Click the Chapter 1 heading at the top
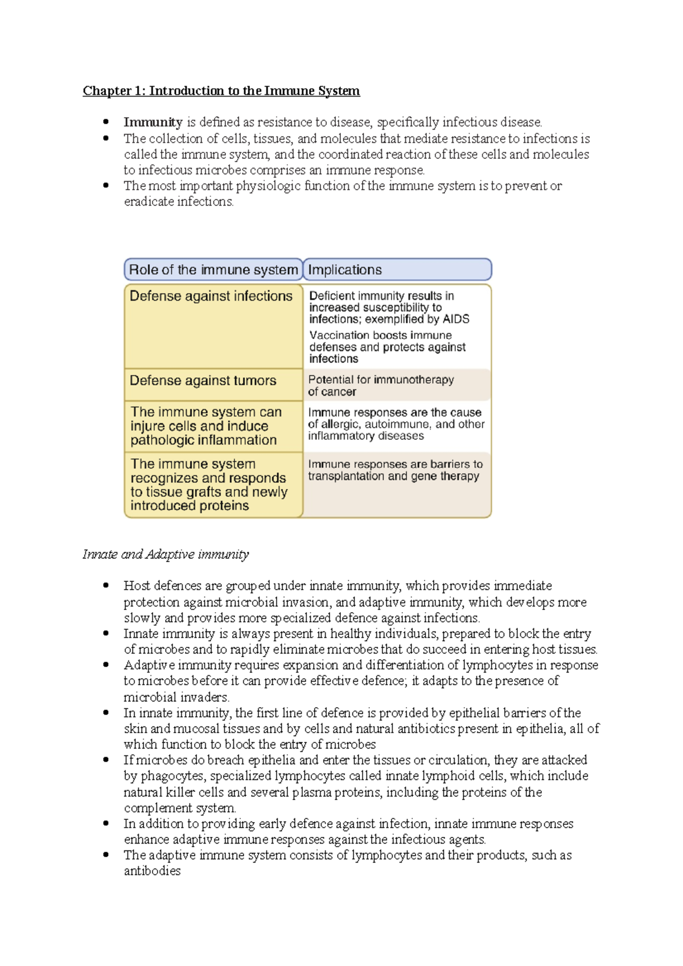[x=221, y=91]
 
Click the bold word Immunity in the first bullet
[x=153, y=122]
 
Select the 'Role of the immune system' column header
[x=213, y=270]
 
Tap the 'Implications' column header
[x=345, y=270]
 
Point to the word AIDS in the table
[x=456, y=319]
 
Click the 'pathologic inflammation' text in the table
[x=204, y=440]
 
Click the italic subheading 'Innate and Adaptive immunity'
[x=166, y=555]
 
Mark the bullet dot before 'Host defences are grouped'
[x=106, y=585]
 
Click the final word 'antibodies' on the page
[x=152, y=871]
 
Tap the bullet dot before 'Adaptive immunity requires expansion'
[x=106, y=664]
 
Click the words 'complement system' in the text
[x=179, y=808]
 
